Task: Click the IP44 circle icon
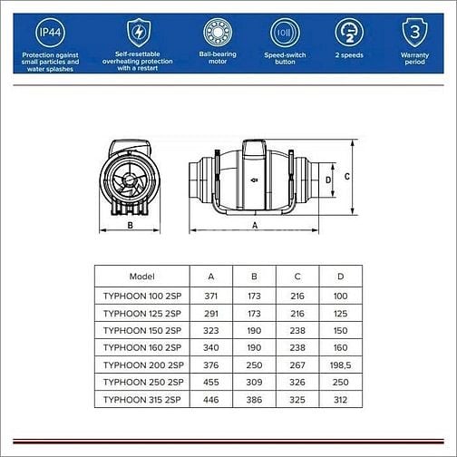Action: click(48, 33)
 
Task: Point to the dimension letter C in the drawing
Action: click(347, 178)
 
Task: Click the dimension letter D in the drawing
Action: click(327, 180)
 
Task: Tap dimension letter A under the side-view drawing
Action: click(255, 224)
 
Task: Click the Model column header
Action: click(142, 277)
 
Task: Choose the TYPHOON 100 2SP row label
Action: click(143, 295)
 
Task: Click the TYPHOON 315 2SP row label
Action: click(143, 399)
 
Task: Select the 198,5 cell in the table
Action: click(341, 364)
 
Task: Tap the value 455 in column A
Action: click(210, 382)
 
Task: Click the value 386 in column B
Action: click(254, 399)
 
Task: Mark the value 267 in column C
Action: click(297, 364)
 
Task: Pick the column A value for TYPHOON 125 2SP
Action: click(210, 312)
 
